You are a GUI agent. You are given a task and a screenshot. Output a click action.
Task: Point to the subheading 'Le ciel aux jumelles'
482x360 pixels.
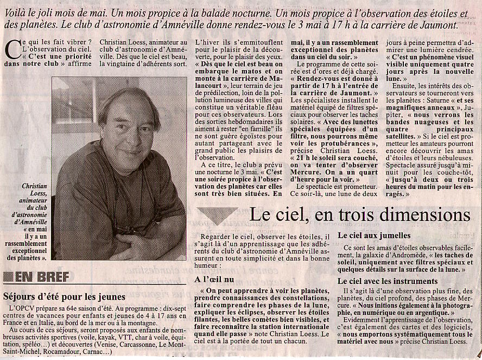[x=374, y=236]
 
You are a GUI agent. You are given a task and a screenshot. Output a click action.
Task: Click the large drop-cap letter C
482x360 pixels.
[x=12, y=49]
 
